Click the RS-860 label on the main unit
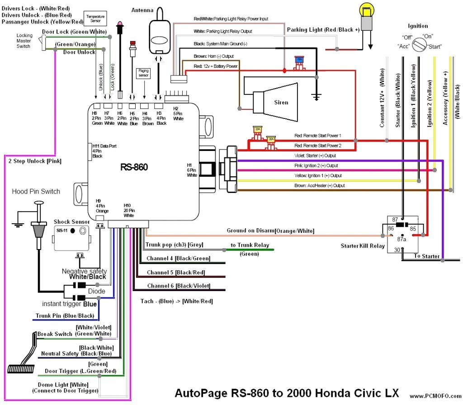pyautogui.click(x=134, y=167)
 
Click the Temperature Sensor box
pyautogui.click(x=95, y=19)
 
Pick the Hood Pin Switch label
pyautogui.click(x=36, y=191)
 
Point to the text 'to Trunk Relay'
pyautogui.click(x=250, y=245)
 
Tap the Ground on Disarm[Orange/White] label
pyautogui.click(x=270, y=231)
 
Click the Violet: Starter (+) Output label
pyautogui.click(x=318, y=155)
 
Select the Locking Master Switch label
pyautogui.click(x=24, y=41)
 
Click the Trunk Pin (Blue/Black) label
pyautogui.click(x=65, y=316)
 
